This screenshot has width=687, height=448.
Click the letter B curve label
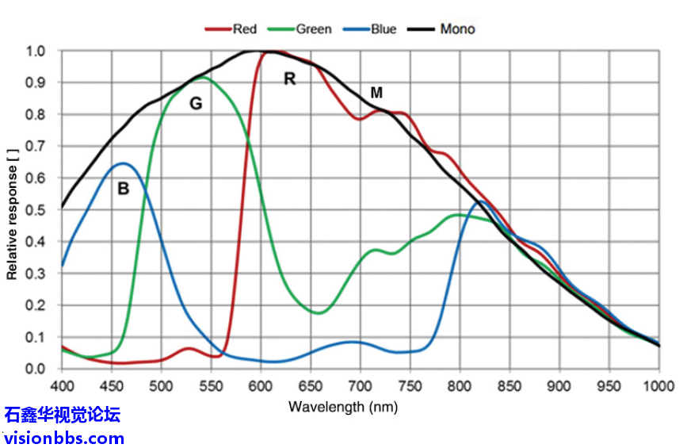(x=123, y=189)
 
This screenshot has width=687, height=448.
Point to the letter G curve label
(x=196, y=104)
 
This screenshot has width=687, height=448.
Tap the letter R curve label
(x=290, y=78)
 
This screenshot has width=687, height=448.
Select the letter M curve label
(x=377, y=94)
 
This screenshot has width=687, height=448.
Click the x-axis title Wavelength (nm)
(x=343, y=408)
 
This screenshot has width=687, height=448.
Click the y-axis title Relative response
(x=12, y=210)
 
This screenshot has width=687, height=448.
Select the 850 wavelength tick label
(x=510, y=386)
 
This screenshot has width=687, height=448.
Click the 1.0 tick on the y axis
(x=38, y=52)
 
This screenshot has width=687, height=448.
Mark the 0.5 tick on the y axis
(x=38, y=210)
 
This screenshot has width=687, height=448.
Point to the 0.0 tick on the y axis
(x=38, y=369)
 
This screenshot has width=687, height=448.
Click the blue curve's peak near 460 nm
(x=124, y=163)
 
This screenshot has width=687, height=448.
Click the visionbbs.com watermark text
(x=63, y=437)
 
